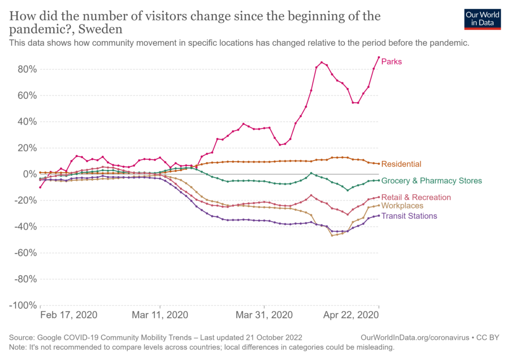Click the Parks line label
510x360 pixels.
click(x=391, y=62)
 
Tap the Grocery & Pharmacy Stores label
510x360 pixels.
click(x=431, y=181)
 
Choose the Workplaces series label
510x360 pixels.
click(x=402, y=206)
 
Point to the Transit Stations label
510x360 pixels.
click(x=409, y=216)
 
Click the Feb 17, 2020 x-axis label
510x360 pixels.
click(x=69, y=316)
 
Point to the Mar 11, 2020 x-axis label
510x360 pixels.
click(x=160, y=316)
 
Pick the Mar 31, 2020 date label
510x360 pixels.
click(x=264, y=316)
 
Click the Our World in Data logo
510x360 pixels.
click(x=482, y=18)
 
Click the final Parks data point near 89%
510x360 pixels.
click(x=379, y=57)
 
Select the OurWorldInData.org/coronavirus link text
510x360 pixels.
click(x=415, y=337)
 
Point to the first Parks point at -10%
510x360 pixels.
click(x=40, y=187)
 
